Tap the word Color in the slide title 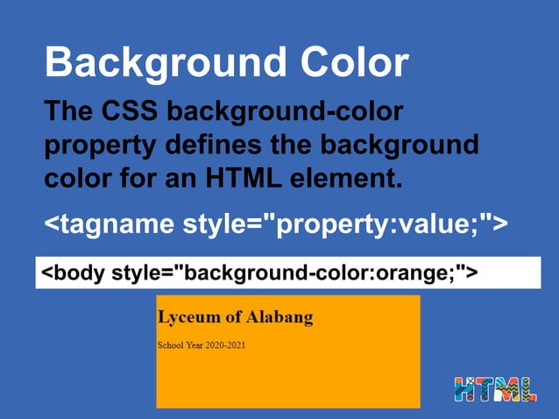[354, 63]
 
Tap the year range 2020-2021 [226, 344]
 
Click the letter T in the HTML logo [485, 390]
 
